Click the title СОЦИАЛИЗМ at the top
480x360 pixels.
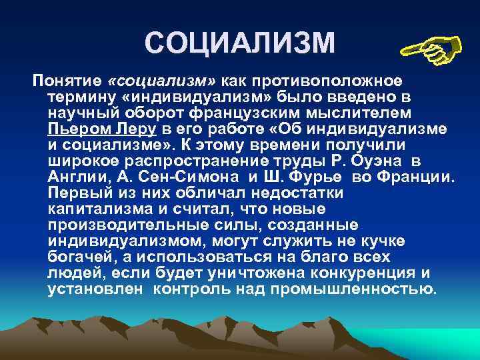tap(239, 44)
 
